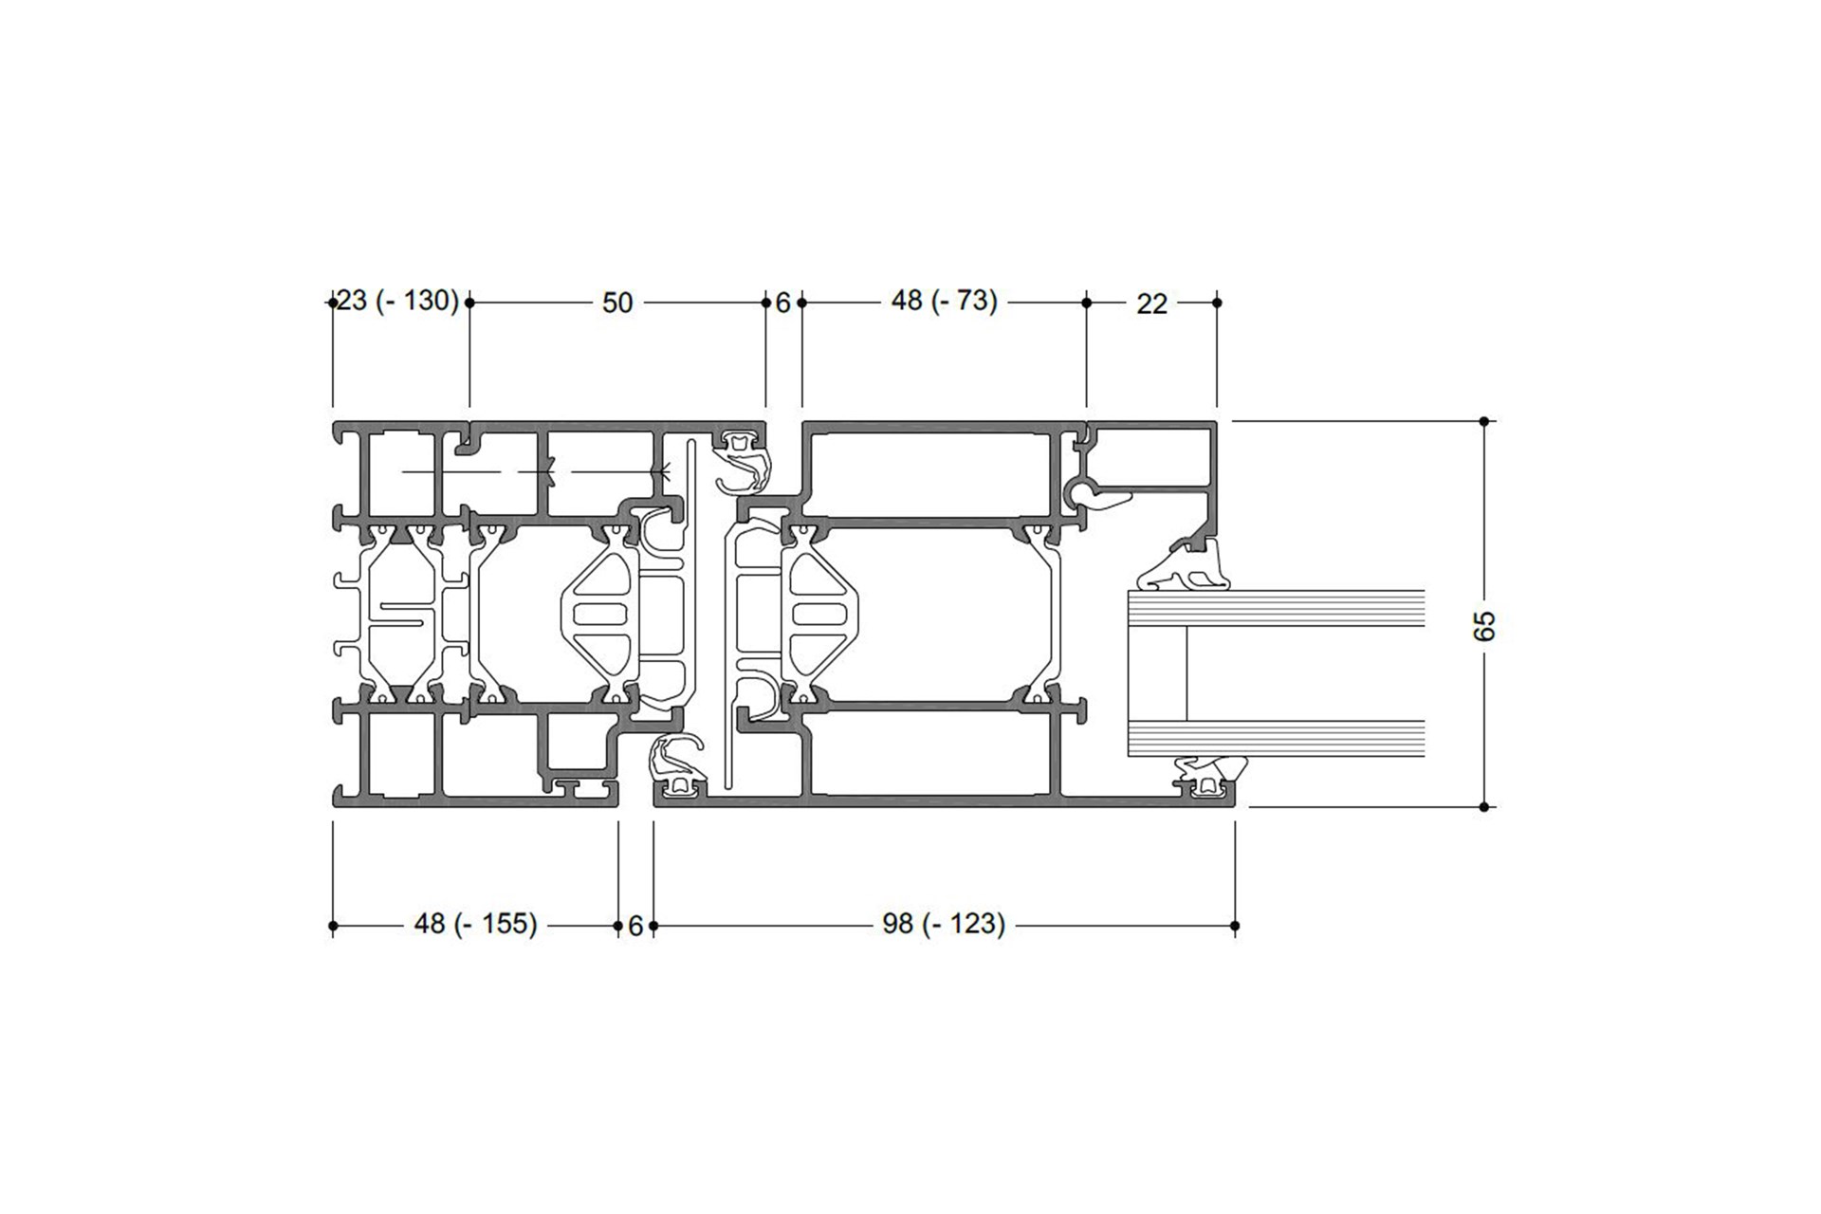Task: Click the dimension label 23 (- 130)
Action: (x=398, y=302)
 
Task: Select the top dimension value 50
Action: (x=617, y=303)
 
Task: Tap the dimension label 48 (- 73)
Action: (x=945, y=301)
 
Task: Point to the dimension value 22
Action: (x=1151, y=303)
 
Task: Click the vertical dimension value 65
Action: (x=1485, y=625)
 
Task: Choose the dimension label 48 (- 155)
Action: (x=476, y=923)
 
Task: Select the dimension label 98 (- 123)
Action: (x=944, y=923)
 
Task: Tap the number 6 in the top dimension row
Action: (x=783, y=303)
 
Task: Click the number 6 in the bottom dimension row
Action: (x=635, y=926)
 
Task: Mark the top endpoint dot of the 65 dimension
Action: (x=1485, y=420)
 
